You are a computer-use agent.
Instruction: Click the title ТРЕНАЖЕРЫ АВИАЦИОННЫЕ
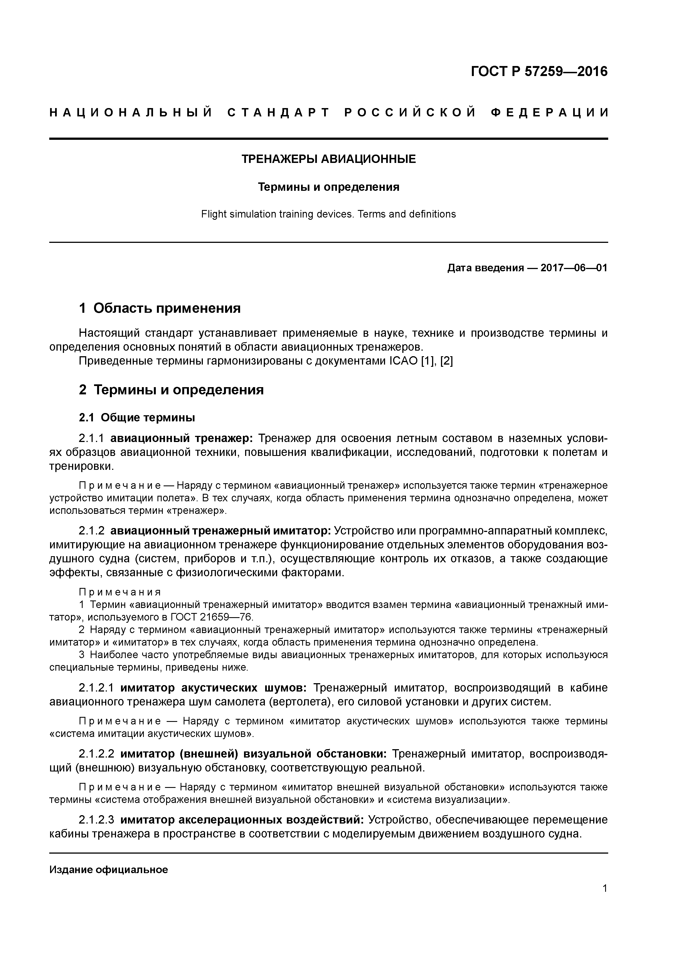click(329, 159)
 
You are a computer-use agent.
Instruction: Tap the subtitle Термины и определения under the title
click(329, 187)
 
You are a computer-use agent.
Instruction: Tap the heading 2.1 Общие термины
click(137, 418)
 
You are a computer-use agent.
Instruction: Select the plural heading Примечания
click(120, 592)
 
